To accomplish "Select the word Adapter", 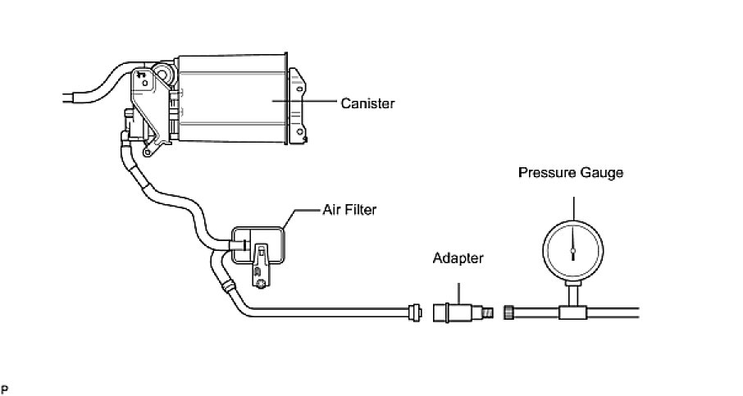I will (458, 258).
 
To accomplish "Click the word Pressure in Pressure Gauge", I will (545, 173).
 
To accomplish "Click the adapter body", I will (454, 312).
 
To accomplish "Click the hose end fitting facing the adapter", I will (413, 311).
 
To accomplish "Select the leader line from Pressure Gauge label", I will (573, 202).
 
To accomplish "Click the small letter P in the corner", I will (4, 386).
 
